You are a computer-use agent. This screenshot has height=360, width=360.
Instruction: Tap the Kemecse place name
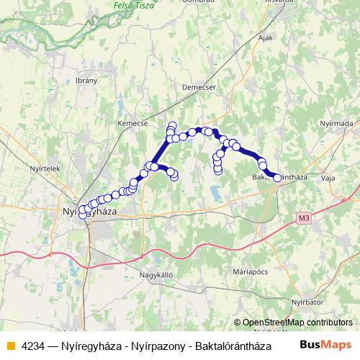coord(132,123)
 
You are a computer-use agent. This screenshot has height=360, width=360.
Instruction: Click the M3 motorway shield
coord(302,215)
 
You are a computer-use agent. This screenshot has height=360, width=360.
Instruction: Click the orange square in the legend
coord(10,345)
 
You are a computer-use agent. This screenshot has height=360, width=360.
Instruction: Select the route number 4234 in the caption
coord(34,345)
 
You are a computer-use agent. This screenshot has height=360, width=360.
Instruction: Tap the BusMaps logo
coord(326,344)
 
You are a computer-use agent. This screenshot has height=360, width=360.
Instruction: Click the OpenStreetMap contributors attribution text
coord(297,323)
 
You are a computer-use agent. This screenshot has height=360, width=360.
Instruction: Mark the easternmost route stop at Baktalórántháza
coord(277,178)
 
